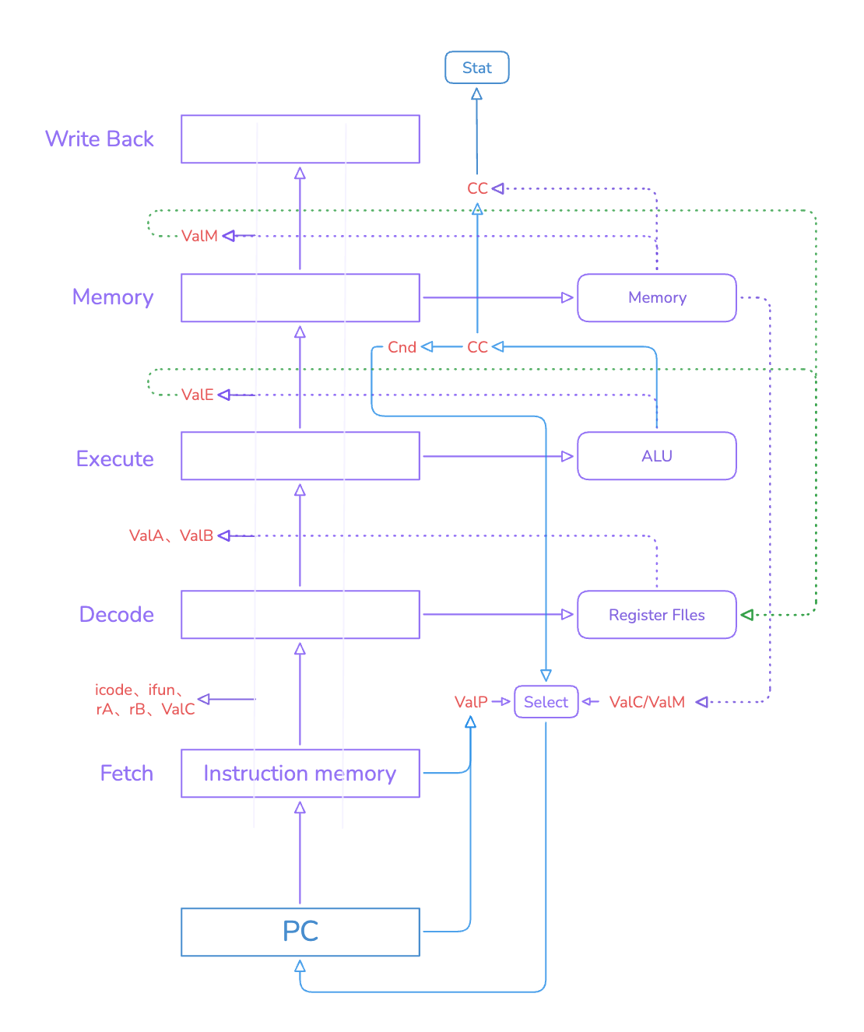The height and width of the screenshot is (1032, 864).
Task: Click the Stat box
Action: [476, 67]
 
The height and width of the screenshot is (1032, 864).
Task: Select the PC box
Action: [300, 931]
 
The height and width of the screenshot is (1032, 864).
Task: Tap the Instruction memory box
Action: [300, 773]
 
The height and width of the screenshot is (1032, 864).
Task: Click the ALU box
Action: [656, 456]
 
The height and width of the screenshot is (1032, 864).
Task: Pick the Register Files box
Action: [656, 614]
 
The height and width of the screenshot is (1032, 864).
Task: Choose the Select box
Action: [546, 701]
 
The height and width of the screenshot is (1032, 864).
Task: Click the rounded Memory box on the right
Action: [656, 297]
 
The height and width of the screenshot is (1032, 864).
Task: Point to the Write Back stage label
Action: [100, 139]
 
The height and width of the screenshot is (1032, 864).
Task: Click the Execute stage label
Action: [114, 458]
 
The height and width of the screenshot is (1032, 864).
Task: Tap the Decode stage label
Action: [117, 614]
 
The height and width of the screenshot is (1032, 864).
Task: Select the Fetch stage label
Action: [127, 773]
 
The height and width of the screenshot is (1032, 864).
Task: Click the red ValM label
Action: [199, 236]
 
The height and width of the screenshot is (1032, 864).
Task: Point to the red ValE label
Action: [197, 395]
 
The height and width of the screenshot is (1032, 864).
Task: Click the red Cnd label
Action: [402, 347]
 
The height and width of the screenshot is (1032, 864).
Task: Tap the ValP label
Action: [471, 702]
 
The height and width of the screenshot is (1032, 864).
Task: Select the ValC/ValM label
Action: [647, 702]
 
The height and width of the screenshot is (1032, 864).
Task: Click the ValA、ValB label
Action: [171, 535]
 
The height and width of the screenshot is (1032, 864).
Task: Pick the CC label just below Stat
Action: [477, 188]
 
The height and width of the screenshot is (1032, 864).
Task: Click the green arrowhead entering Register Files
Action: [746, 614]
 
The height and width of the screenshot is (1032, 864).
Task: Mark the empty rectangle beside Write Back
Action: [300, 139]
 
